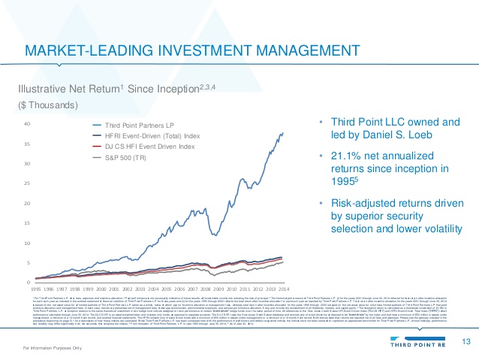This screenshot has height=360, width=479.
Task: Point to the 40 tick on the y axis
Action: click(x=26, y=123)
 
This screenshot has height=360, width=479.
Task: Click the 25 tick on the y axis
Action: click(x=26, y=183)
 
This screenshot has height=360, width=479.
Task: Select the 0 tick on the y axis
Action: click(x=28, y=282)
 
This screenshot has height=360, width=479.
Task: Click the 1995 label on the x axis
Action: click(x=36, y=289)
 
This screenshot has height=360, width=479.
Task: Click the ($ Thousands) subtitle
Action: click(x=40, y=104)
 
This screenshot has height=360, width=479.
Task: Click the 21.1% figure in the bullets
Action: click(x=342, y=156)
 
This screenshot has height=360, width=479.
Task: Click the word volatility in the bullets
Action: click(x=432, y=228)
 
